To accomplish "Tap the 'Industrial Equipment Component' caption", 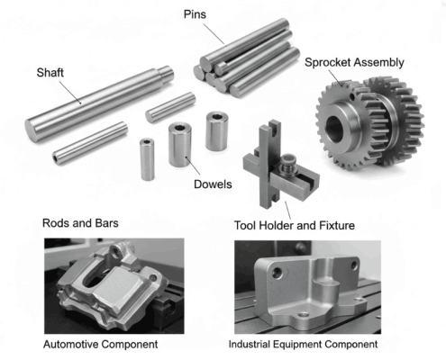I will click(303, 345).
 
